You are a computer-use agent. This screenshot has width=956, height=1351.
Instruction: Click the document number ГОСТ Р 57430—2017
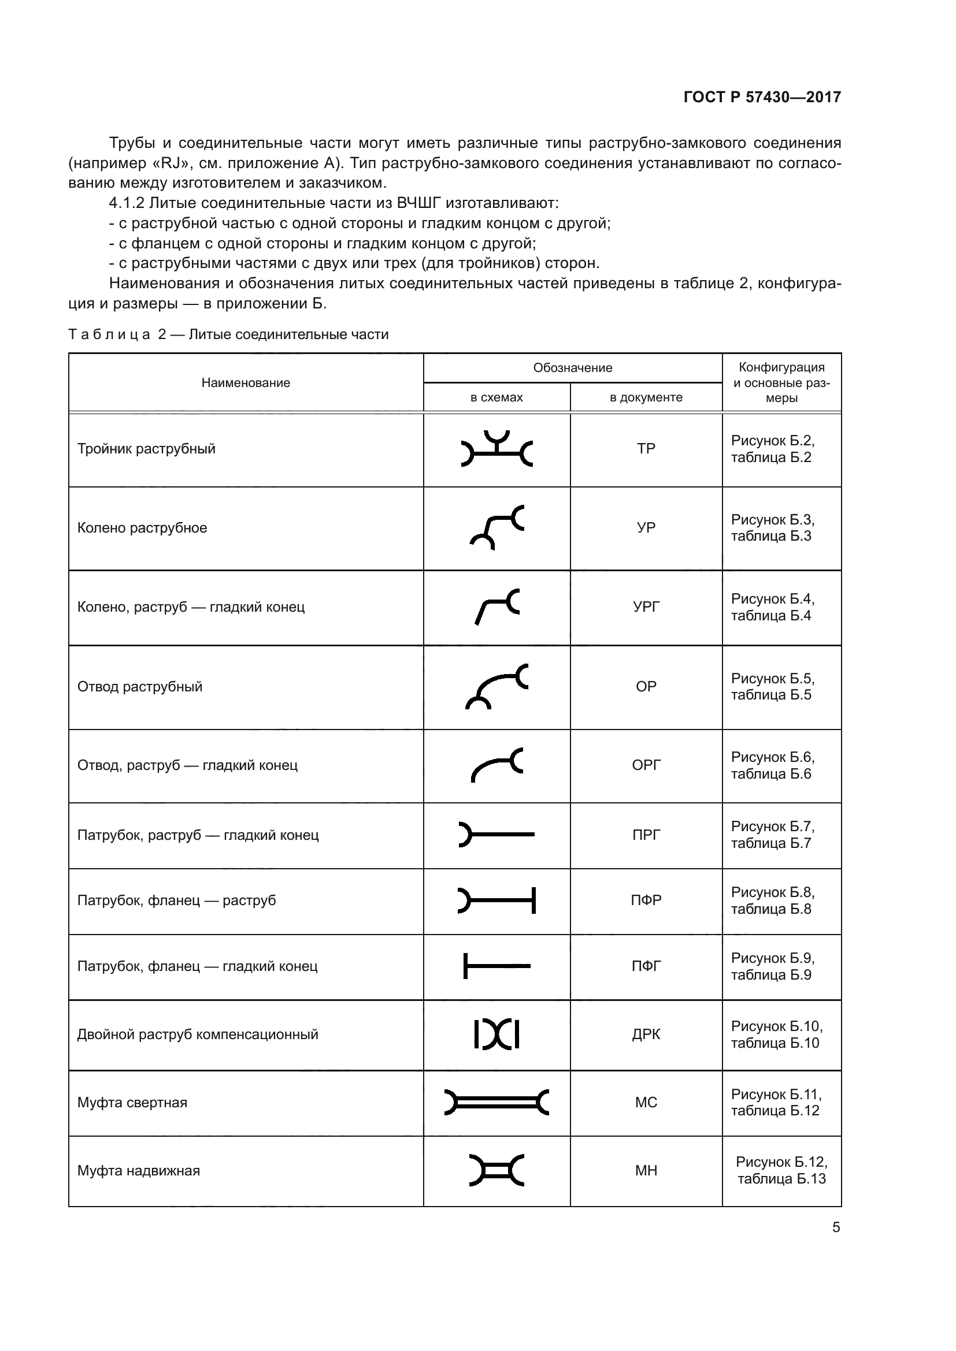(x=762, y=97)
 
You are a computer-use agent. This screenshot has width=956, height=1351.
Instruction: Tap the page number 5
(x=836, y=1227)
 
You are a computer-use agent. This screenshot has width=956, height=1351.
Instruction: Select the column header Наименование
(x=246, y=383)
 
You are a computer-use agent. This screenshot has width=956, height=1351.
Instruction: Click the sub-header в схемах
(x=496, y=398)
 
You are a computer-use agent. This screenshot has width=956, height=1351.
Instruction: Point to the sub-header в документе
(x=646, y=398)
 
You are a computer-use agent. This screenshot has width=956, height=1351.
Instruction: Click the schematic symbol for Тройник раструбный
(x=497, y=449)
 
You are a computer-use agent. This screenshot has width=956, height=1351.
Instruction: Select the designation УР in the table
(x=646, y=528)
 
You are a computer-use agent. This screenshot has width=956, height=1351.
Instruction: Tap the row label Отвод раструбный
(x=139, y=687)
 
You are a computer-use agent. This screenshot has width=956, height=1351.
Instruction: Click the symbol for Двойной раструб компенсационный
(x=497, y=1034)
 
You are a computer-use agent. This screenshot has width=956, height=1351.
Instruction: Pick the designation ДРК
(x=646, y=1034)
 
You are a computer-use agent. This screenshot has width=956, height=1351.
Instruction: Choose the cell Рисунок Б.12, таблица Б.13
(x=781, y=1170)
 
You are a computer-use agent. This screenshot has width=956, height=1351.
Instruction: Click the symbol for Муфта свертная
(x=497, y=1102)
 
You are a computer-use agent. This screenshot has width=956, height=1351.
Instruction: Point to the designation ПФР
(x=646, y=900)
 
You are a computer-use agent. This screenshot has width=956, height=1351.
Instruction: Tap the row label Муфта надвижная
(x=138, y=1171)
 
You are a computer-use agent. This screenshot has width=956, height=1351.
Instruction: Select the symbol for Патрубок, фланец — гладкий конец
(x=497, y=966)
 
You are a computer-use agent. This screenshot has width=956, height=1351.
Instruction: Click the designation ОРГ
(x=646, y=765)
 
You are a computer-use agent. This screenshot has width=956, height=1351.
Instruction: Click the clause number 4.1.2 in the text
(x=127, y=203)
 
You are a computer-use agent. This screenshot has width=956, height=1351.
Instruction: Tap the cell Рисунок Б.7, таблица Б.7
(x=772, y=835)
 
